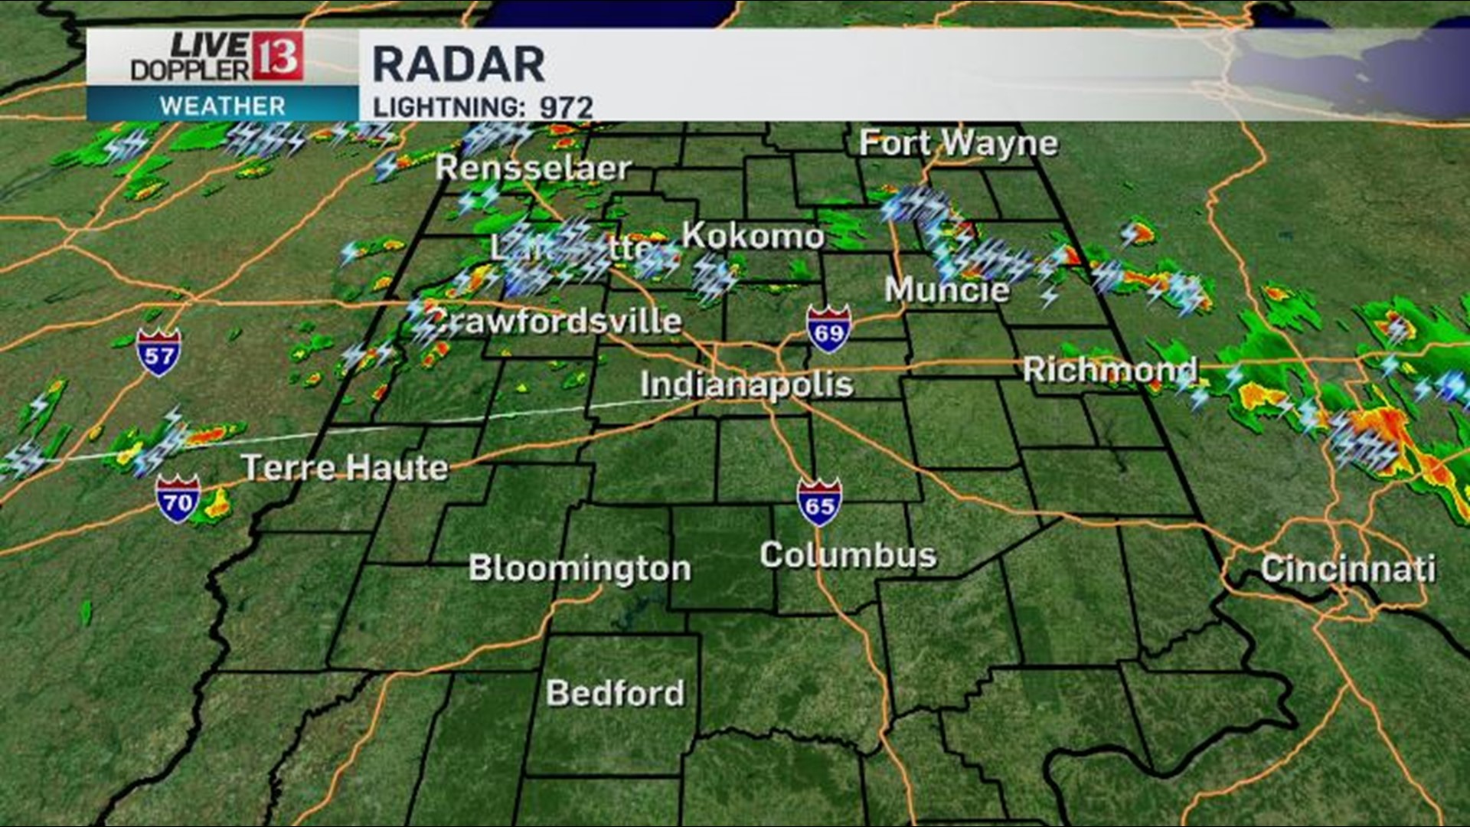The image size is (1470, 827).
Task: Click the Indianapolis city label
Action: [746, 384]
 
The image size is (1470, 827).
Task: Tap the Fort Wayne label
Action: [959, 143]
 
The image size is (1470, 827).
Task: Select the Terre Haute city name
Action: [345, 467]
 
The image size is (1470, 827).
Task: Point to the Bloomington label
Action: [580, 568]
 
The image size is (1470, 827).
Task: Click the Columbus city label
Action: [848, 555]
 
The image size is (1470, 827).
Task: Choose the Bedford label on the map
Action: [615, 693]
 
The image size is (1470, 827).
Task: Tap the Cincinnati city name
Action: [1347, 569]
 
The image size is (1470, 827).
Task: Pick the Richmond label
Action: [1110, 370]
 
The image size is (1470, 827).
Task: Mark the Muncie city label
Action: [947, 289]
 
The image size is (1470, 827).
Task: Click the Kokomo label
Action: [753, 236]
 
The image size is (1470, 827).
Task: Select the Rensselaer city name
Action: [533, 168]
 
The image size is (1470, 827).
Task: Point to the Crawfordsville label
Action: [555, 320]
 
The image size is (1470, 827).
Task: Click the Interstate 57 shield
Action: [159, 353]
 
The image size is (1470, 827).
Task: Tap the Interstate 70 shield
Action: [178, 500]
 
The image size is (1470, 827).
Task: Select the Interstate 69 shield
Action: [828, 330]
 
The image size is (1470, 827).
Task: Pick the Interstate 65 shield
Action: [819, 503]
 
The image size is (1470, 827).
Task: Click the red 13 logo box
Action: [277, 57]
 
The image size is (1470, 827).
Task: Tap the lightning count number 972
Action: [567, 107]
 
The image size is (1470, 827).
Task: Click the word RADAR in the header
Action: [459, 64]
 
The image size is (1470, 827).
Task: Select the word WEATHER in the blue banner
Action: [222, 106]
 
